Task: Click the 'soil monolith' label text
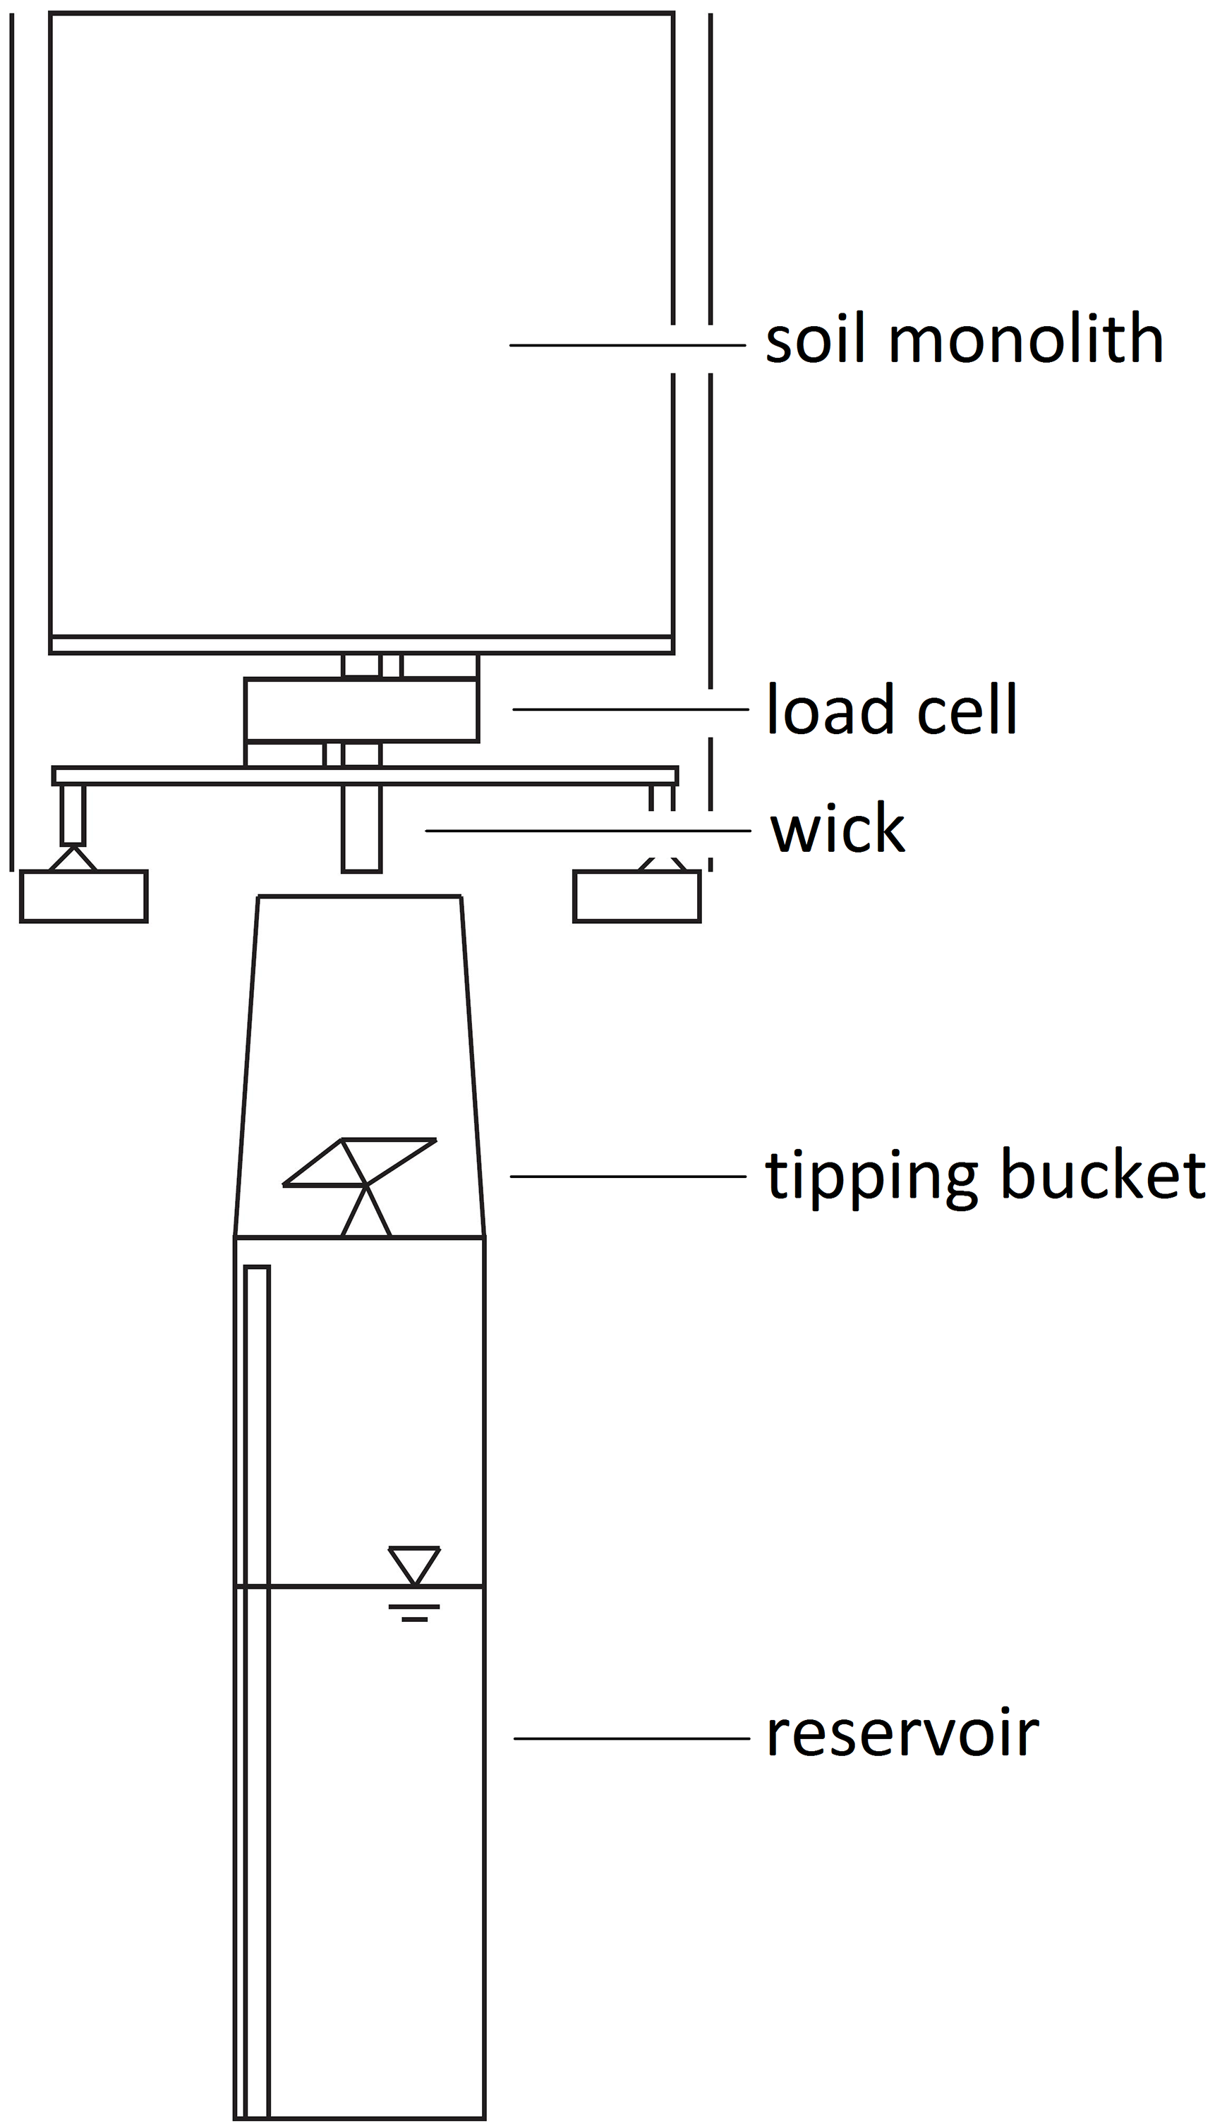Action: [x=964, y=340]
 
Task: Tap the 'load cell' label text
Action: [x=891, y=709]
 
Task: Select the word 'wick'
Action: [x=837, y=829]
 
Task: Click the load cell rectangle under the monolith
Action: [x=361, y=709]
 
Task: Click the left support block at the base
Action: [x=83, y=896]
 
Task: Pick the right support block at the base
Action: [x=636, y=896]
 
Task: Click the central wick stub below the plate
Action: [x=361, y=828]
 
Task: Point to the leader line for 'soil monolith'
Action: [x=626, y=344]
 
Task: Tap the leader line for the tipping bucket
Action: [x=627, y=1176]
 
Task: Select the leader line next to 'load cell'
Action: [x=630, y=709]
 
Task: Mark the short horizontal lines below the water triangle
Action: [x=414, y=1612]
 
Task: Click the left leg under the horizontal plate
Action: [x=73, y=814]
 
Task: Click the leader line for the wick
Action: [x=588, y=830]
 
